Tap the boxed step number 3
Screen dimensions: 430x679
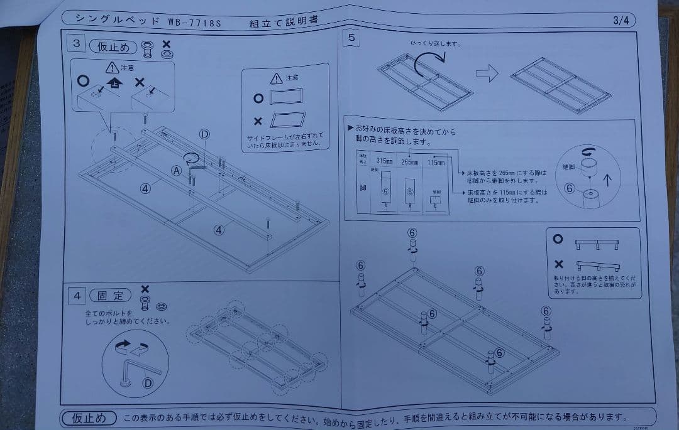tap(75, 44)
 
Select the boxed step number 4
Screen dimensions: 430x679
tap(75, 294)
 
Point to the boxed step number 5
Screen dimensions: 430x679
tap(351, 38)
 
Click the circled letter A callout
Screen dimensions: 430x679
tap(177, 169)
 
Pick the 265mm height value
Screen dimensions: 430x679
tap(410, 162)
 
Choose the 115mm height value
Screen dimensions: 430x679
tap(436, 163)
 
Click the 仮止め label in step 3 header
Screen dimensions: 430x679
tap(113, 46)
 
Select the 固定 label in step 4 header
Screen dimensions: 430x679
tap(111, 295)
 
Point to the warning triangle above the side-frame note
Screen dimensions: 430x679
tap(276, 79)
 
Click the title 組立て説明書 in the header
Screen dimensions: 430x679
tap(283, 21)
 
